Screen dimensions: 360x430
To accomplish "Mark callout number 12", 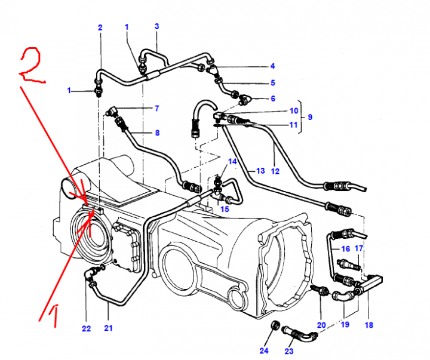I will click(x=275, y=171).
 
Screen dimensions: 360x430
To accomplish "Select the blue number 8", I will click(x=157, y=133).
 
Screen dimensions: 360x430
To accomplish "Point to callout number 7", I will click(x=156, y=109).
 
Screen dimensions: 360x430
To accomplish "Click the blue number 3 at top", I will click(x=156, y=26).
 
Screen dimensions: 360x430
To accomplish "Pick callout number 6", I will click(x=272, y=98).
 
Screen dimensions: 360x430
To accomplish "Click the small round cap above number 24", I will click(x=276, y=325).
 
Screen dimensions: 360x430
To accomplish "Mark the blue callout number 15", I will click(x=224, y=209).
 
